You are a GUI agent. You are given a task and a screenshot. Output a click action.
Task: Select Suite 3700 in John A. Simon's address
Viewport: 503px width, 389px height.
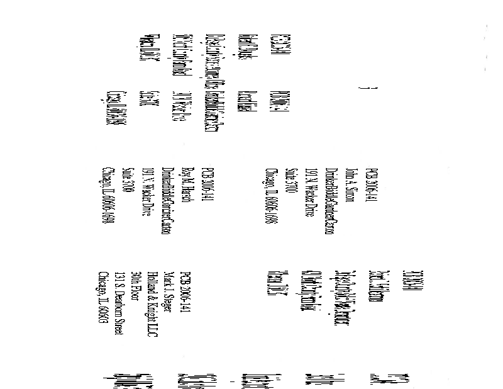(290, 182)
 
